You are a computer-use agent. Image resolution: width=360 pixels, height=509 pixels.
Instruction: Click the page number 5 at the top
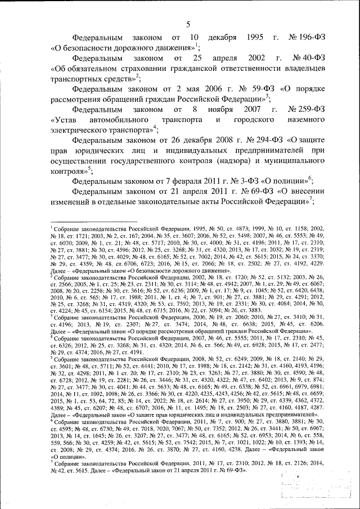[188, 23]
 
